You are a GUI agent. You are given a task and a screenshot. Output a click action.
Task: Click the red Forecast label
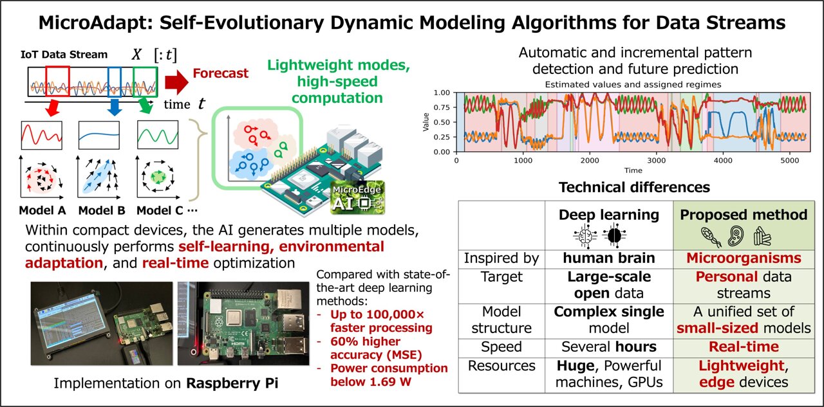tap(220, 73)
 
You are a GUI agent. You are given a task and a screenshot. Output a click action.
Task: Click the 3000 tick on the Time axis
tap(657, 161)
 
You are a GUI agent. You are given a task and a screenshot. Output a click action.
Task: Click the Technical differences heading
tap(634, 188)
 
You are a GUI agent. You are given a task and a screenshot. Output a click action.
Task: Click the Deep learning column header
tap(608, 215)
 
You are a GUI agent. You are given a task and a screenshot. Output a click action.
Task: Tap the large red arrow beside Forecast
tap(175, 82)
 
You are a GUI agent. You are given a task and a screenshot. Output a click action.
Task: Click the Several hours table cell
tap(608, 347)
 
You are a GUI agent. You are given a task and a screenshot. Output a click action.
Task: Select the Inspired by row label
tap(502, 258)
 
